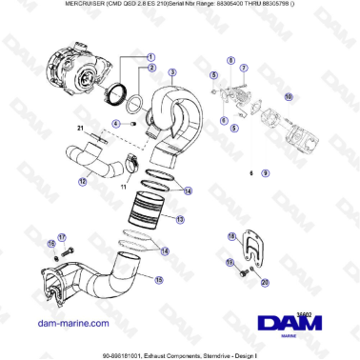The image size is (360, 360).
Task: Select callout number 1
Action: (150, 57)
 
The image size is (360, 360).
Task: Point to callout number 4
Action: (116, 124)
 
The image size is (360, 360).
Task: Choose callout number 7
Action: (244, 69)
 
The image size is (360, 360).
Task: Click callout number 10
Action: (290, 96)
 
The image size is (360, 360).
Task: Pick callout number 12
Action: (83, 181)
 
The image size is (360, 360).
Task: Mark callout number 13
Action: (180, 218)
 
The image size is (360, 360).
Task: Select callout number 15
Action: (159, 279)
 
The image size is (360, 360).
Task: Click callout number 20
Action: (265, 282)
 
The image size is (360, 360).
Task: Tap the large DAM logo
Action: (300, 319)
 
